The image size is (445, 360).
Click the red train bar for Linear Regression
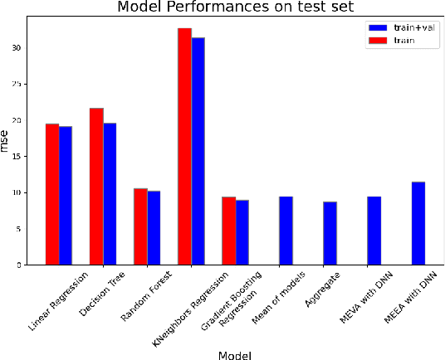coord(52,194)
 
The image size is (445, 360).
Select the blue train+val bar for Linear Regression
coord(66,196)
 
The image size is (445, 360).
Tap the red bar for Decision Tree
coord(96,187)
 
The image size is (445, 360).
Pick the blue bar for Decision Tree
coord(110,194)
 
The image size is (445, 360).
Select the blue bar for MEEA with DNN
coord(418,223)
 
